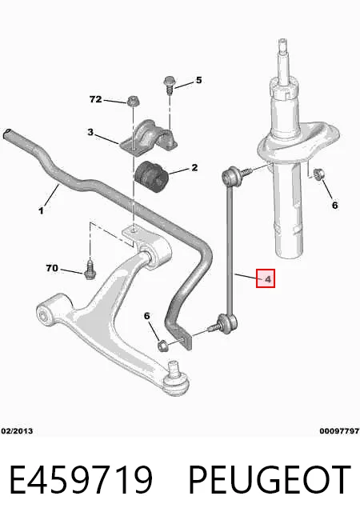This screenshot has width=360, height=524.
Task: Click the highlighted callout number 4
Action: (x=267, y=278)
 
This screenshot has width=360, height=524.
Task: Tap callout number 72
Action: (x=95, y=99)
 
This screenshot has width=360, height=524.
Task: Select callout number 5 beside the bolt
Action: (x=198, y=80)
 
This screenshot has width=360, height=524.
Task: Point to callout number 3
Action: (x=90, y=132)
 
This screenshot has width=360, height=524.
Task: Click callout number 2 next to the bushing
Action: (x=194, y=167)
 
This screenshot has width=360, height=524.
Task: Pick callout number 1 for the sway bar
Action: (x=41, y=210)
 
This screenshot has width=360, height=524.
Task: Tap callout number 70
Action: (x=52, y=268)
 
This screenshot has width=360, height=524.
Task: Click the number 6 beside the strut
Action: (x=334, y=205)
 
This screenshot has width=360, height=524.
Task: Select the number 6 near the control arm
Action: (x=147, y=316)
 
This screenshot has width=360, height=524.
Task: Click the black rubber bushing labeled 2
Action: (x=153, y=177)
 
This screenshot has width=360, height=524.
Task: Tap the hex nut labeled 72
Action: (x=133, y=101)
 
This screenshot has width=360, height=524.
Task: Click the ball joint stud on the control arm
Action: (x=174, y=370)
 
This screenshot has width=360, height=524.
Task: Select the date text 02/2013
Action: (x=17, y=431)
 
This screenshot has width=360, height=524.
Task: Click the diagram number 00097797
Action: (x=339, y=431)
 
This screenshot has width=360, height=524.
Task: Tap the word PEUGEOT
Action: (x=270, y=480)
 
